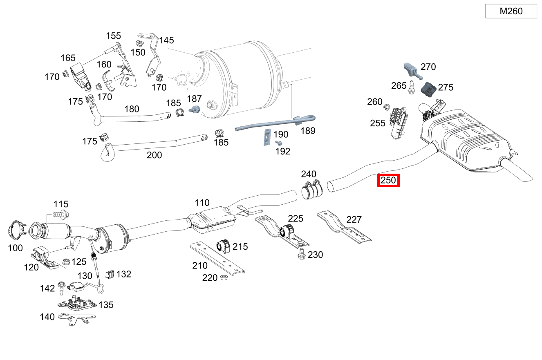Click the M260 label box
[x=511, y=11]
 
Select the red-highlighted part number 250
[x=388, y=180]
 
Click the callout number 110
[x=202, y=203]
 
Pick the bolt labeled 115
[x=61, y=215]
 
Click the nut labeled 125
[x=66, y=262]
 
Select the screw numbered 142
[x=61, y=288]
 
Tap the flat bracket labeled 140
[x=76, y=318]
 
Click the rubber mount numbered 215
[x=223, y=246]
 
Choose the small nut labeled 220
[x=224, y=277]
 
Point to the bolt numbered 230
[x=302, y=254]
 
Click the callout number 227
[x=354, y=220]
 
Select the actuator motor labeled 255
[x=398, y=123]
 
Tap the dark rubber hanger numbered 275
[x=428, y=89]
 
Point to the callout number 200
[x=154, y=155]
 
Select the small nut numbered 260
[x=386, y=107]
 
